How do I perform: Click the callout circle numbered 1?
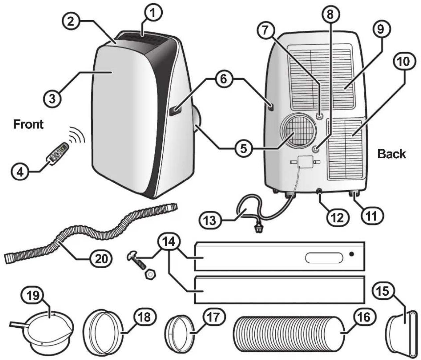(153, 13)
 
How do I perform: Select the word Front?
(28, 124)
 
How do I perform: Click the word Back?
(391, 154)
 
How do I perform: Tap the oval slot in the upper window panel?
(324, 258)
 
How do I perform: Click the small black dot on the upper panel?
(351, 254)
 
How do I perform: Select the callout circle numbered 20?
(101, 259)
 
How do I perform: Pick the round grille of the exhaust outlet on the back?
(299, 132)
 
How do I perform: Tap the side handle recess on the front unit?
(175, 111)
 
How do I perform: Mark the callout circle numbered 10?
(404, 62)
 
